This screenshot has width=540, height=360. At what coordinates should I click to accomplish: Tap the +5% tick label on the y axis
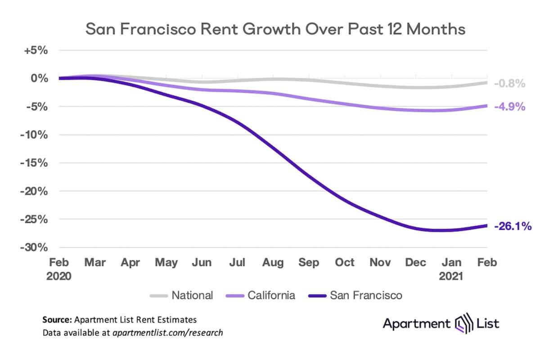click(36, 50)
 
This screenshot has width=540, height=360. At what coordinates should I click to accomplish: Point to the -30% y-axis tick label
click(33, 247)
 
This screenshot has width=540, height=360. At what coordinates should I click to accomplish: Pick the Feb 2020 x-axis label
click(58, 269)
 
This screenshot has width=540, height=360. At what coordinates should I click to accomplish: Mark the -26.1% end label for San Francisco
click(513, 226)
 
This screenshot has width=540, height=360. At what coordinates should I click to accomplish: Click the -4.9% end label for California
click(509, 107)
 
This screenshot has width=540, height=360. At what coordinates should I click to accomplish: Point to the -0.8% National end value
click(509, 84)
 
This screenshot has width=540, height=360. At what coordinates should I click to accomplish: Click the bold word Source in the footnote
click(57, 320)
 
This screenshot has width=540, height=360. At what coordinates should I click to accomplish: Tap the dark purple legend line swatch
click(317, 296)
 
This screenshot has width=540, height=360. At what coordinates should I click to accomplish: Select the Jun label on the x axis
click(202, 263)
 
